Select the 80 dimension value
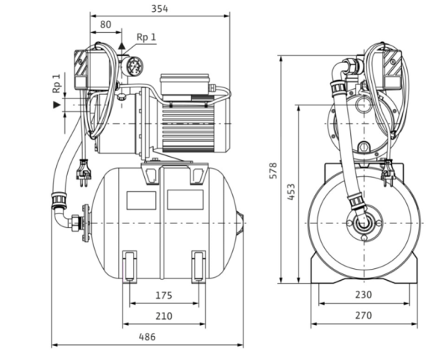coord(105,25)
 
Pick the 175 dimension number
coord(164,295)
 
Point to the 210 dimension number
coord(164,316)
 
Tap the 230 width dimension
coord(363,295)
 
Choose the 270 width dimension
coord(363,316)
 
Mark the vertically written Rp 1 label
coord(57,82)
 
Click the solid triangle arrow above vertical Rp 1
coord(57,105)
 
